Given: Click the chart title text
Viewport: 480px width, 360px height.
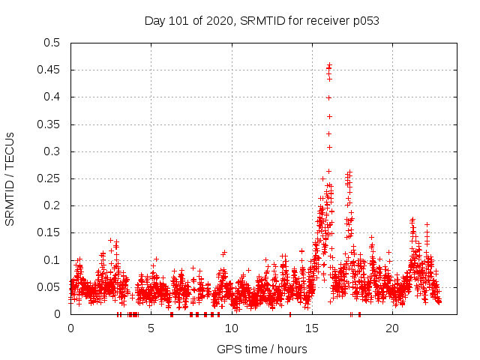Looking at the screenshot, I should click(262, 20).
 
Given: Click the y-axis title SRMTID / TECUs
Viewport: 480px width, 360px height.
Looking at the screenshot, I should click(10, 178).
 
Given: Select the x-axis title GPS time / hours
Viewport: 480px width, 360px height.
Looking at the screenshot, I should click(262, 349).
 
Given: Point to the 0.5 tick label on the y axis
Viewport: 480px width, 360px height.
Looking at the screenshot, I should click(52, 43).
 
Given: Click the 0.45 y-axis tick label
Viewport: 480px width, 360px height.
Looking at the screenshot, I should click(49, 70).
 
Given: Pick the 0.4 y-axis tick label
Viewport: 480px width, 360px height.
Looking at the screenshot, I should click(52, 97).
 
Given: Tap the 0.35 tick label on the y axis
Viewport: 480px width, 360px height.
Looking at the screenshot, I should click(49, 124).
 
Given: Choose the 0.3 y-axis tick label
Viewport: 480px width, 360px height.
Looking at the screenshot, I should click(52, 151).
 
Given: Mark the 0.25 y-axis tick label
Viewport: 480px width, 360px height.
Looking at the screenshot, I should click(49, 178).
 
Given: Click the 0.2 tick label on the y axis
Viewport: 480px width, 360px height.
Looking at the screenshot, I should click(52, 205).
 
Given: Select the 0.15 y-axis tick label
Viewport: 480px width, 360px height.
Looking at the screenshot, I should click(49, 233).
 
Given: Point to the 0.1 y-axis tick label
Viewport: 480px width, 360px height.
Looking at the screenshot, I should click(52, 260).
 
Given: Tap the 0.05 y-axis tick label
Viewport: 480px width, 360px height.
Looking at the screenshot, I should click(49, 287).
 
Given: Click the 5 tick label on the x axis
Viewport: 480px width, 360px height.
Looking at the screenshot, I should click(151, 328).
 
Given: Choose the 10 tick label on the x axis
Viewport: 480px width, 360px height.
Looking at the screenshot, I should click(232, 328).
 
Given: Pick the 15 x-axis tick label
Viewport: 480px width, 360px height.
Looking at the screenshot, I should click(312, 328).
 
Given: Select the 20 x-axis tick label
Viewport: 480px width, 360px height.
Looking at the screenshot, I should click(392, 328).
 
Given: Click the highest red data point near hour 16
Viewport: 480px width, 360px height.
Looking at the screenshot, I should click(329, 65).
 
